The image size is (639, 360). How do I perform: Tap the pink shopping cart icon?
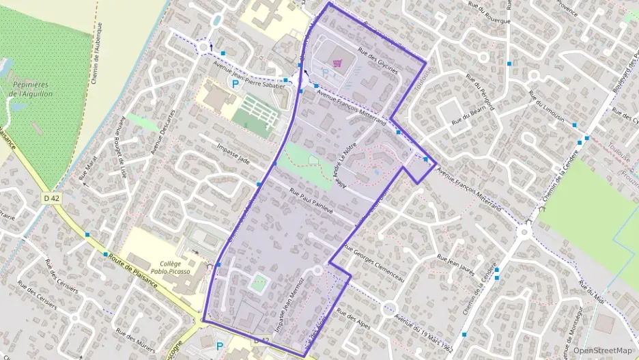point(336,64)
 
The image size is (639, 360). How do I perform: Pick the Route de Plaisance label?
point(137,271)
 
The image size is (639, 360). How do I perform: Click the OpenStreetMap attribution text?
point(602,350)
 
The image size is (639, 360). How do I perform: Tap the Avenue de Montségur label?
point(581,321)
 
